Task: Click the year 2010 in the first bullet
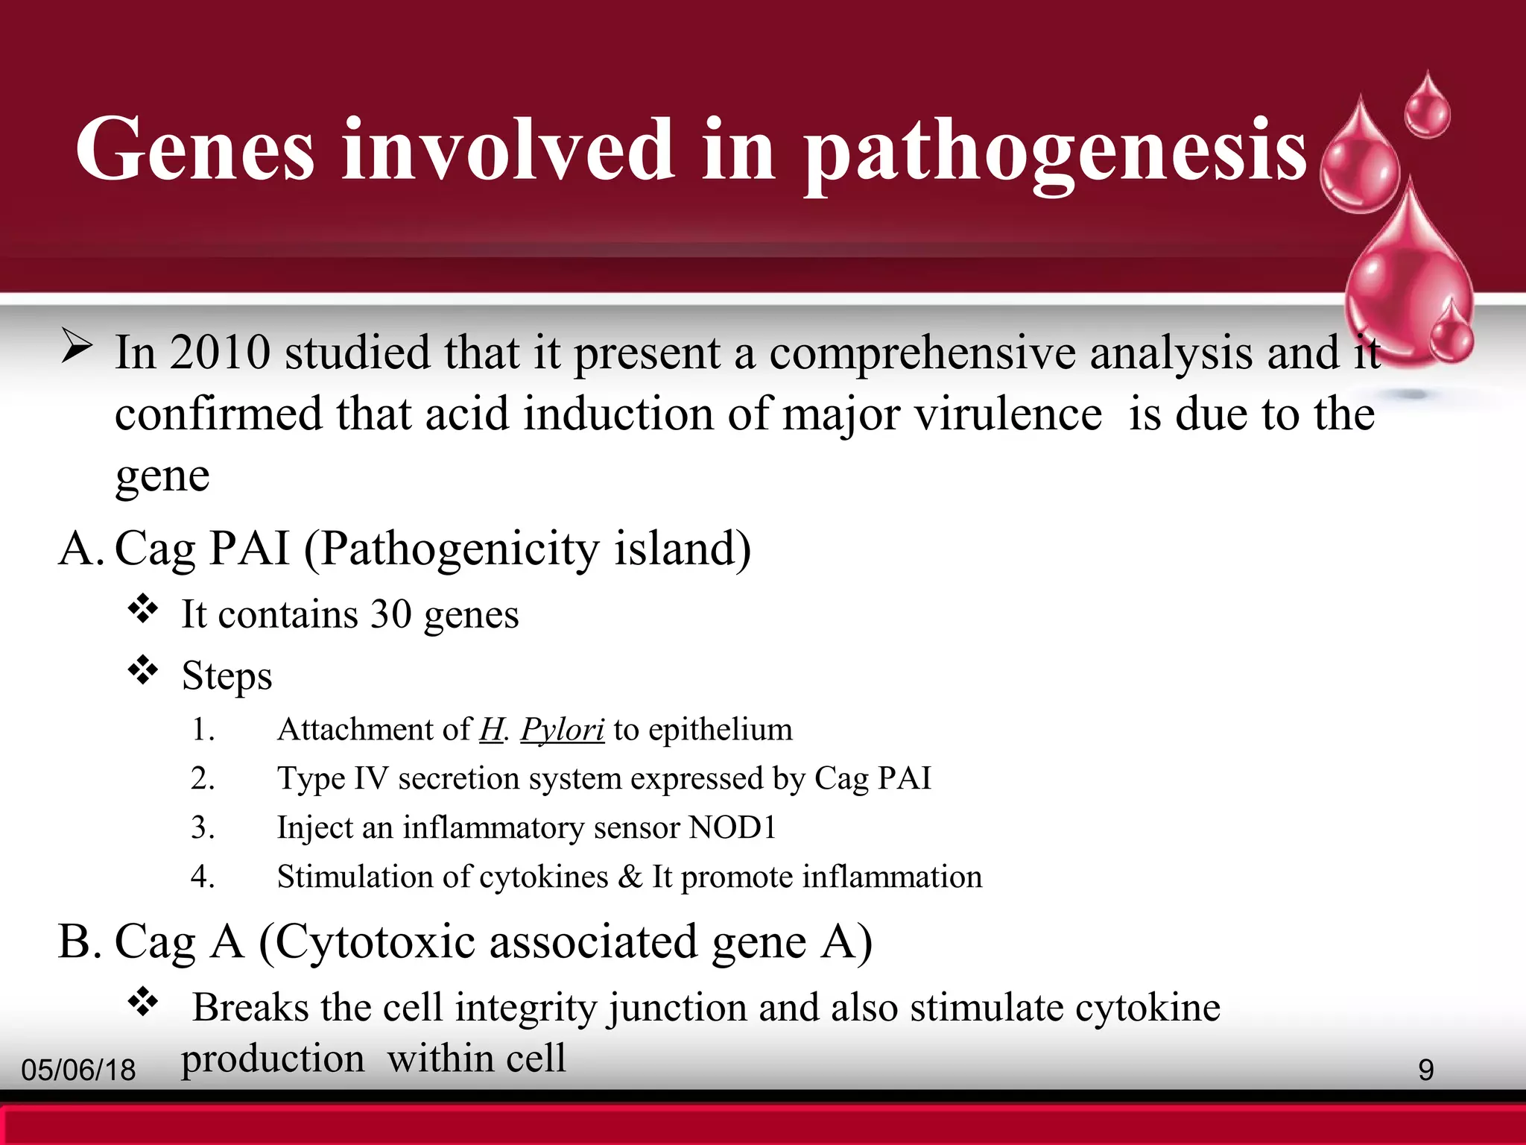point(219,353)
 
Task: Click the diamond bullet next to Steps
point(143,671)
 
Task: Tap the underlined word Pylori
point(562,730)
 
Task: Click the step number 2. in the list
point(203,779)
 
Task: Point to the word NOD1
point(732,827)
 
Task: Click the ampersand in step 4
point(630,877)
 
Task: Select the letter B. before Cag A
point(79,942)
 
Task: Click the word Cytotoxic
point(375,942)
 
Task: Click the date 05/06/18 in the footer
point(78,1070)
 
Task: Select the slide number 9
point(1425,1070)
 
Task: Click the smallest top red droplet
point(1428,108)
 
